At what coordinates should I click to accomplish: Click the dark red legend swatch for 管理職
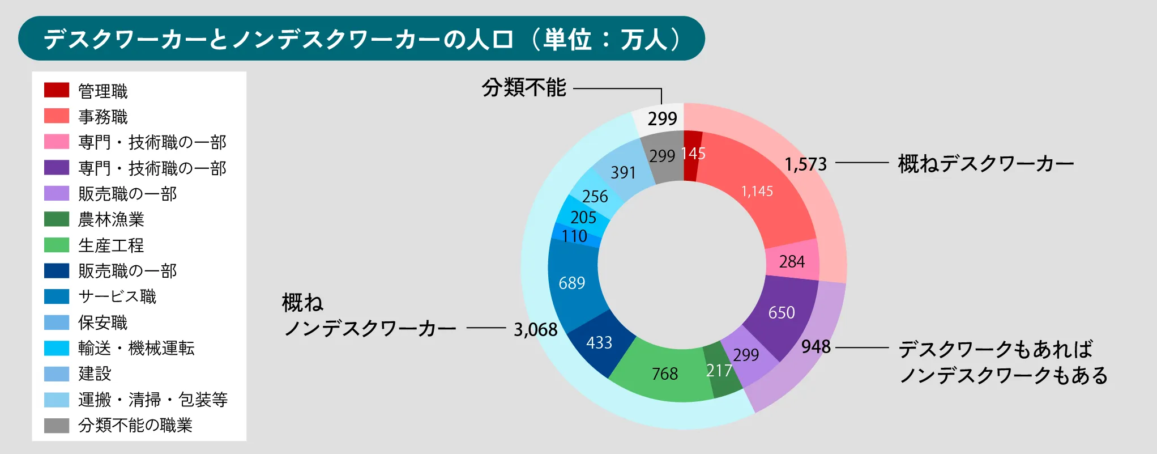point(57,90)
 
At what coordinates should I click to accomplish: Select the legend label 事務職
point(103,117)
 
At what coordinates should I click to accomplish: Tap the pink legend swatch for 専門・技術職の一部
point(57,142)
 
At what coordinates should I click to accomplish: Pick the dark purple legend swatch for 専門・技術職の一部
point(57,167)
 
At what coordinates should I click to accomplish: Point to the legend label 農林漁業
point(111,219)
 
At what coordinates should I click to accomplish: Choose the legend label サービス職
point(117,296)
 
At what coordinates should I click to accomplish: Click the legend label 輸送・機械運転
point(136,348)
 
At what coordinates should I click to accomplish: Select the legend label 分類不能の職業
point(135,425)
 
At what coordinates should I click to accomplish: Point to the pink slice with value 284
point(792,261)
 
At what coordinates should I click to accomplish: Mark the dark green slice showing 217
point(720,371)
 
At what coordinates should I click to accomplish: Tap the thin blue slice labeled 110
point(575,236)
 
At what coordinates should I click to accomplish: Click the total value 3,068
point(536,329)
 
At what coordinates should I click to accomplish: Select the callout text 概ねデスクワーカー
point(986,164)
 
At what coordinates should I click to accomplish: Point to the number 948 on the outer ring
point(816,346)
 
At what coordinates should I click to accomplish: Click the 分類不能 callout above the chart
point(524,88)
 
